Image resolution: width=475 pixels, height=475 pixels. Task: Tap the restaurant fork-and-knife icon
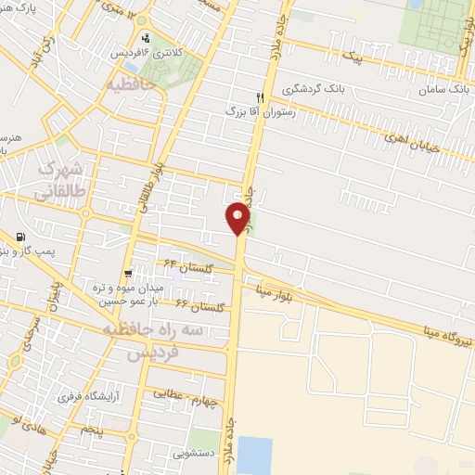pyautogui.click(x=261, y=96)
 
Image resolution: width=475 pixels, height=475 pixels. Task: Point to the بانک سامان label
pyautogui.click(x=440, y=91)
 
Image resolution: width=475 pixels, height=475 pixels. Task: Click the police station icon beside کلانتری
pyautogui.click(x=146, y=38)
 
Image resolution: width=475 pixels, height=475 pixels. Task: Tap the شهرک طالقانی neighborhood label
pyautogui.click(x=58, y=181)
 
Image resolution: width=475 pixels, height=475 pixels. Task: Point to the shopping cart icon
pyautogui.click(x=126, y=273)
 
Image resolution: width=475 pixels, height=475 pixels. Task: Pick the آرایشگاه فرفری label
pyautogui.click(x=92, y=397)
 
